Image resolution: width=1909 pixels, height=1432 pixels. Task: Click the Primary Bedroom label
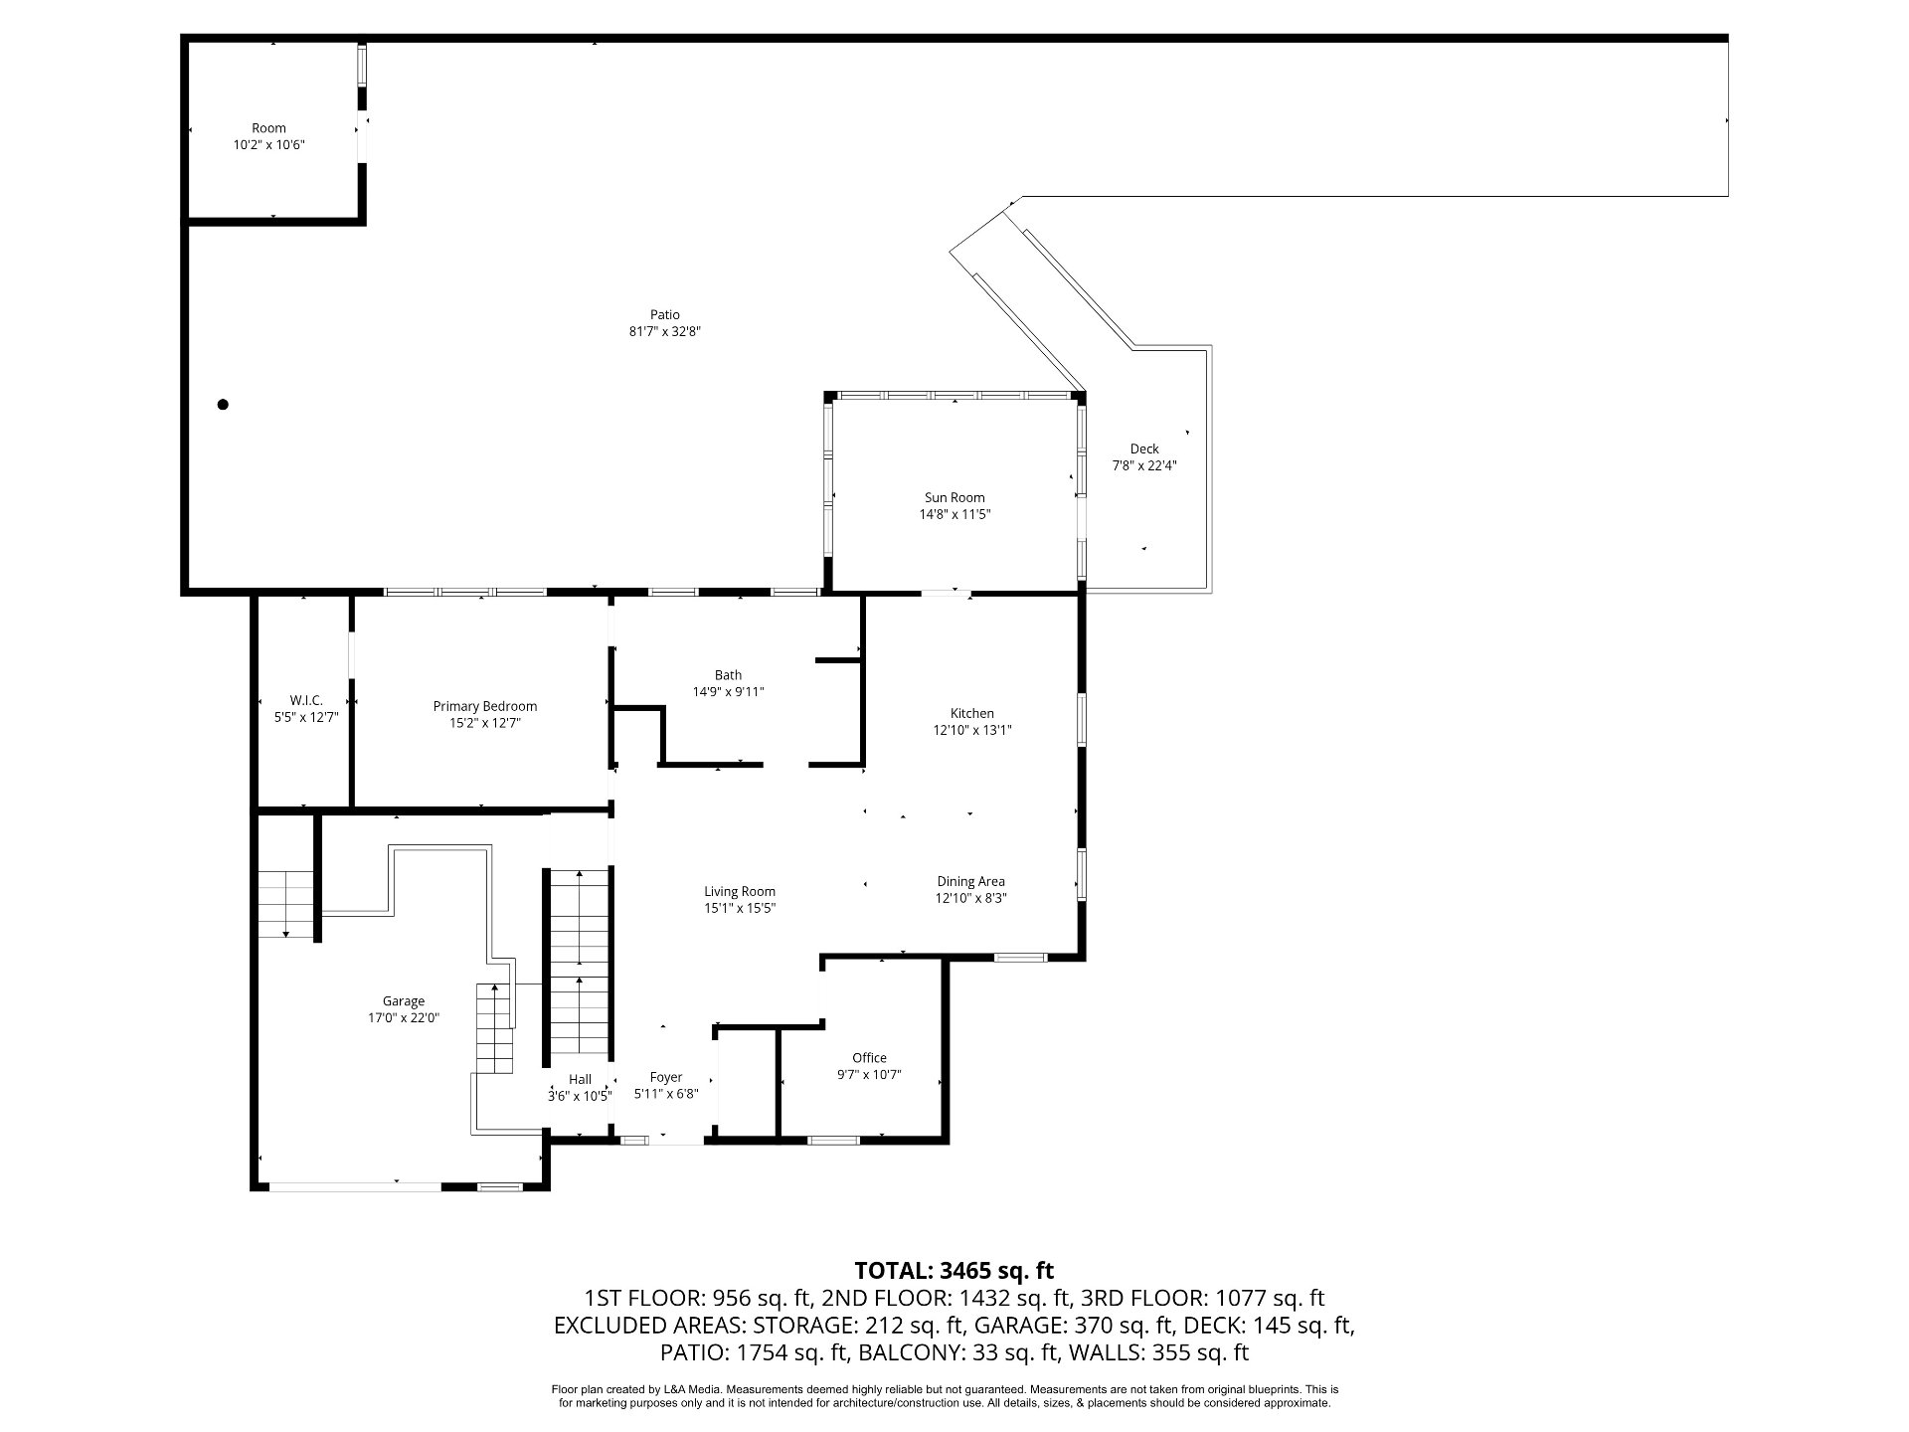coord(485,706)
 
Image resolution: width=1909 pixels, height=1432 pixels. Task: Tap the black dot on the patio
coord(223,405)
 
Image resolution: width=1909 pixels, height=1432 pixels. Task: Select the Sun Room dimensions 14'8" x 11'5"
coord(954,514)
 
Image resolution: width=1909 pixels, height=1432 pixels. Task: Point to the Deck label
coord(1144,448)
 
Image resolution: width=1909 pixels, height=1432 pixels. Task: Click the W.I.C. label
coord(306,700)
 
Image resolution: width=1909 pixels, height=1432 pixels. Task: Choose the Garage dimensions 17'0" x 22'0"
coord(404,1017)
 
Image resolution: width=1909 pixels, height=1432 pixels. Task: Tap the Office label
coord(869,1057)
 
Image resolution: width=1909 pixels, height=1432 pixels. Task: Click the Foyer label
coord(666,1077)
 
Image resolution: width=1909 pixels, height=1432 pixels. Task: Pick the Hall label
coord(580,1079)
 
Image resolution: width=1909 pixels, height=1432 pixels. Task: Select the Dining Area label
coord(970,881)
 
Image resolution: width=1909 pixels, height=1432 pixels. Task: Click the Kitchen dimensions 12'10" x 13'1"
coord(971,730)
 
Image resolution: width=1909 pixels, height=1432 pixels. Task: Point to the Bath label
coord(728,675)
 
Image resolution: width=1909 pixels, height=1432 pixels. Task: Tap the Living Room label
coord(740,891)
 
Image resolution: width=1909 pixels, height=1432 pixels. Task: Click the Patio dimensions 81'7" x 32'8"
coord(665,332)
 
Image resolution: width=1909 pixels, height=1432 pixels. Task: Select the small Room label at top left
coord(268,128)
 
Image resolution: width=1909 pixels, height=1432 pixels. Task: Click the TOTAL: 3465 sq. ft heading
coord(954,1270)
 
